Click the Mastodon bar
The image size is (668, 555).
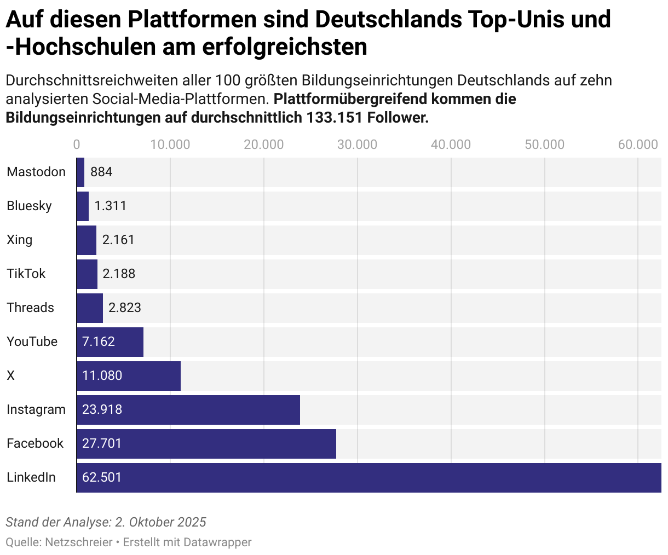pos(80,172)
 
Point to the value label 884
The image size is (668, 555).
pos(101,172)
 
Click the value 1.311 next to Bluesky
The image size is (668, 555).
pos(111,206)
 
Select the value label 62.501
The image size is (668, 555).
pos(102,477)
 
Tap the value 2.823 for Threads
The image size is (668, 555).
pos(125,308)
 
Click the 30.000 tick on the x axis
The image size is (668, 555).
pos(357,144)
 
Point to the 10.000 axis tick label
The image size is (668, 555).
pos(170,144)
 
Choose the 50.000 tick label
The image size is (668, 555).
pos(544,144)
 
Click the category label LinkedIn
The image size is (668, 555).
pos(31,477)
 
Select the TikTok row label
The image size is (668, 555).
pos(26,274)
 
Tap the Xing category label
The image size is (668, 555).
pos(20,240)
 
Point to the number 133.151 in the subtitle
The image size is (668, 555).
pos(337,118)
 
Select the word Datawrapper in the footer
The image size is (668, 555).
pos(217,542)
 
